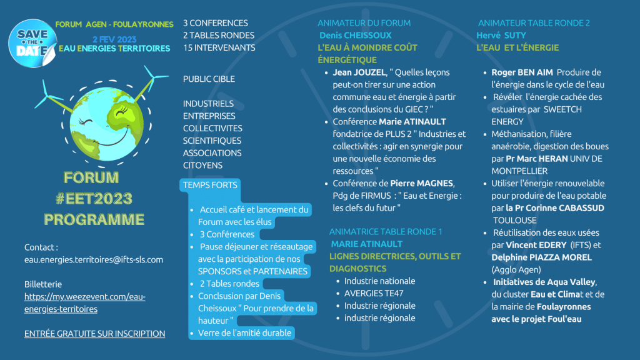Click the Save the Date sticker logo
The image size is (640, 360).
[32, 43]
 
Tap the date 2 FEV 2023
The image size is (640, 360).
[114, 39]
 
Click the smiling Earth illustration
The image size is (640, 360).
[107, 122]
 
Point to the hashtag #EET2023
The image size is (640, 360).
[94, 199]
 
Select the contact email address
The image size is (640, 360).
[94, 259]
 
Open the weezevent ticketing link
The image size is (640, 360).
[84, 303]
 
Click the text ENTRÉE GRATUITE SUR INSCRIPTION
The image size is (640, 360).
[95, 334]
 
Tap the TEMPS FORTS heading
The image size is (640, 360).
[210, 185]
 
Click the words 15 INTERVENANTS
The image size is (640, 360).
[219, 47]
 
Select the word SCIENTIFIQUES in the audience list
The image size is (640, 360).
[212, 141]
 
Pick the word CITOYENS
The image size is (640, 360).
[202, 165]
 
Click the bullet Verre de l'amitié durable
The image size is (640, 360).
[244, 333]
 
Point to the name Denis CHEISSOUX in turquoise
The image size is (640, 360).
[355, 36]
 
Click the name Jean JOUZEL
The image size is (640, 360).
[359, 72]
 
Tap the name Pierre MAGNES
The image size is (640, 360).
[422, 184]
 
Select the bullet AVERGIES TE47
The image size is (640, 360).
[374, 294]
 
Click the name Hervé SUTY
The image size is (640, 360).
[501, 36]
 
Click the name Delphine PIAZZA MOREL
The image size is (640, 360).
[542, 257]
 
